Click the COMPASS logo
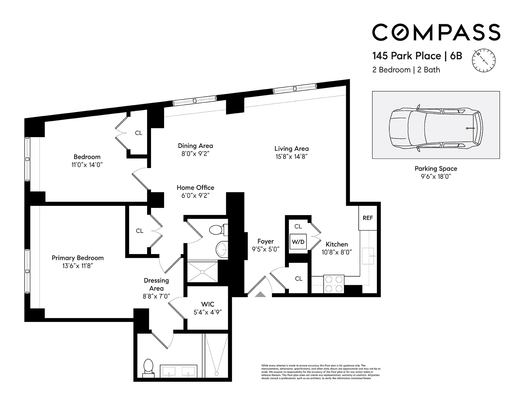click(x=436, y=32)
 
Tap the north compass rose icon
click(x=484, y=61)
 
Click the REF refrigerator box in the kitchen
click(x=368, y=218)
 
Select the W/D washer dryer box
click(x=298, y=242)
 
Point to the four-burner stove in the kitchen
click(x=334, y=284)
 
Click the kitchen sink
click(x=368, y=256)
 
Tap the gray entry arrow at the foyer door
click(x=260, y=294)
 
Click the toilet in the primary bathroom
click(x=148, y=367)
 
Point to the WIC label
click(x=208, y=304)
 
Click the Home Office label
click(x=195, y=188)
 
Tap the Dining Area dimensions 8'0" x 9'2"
click(x=195, y=154)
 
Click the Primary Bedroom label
click(x=77, y=258)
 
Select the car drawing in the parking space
click(x=436, y=128)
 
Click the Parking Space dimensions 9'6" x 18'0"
click(x=436, y=176)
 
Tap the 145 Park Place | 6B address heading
click(x=417, y=56)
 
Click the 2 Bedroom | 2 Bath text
click(x=406, y=70)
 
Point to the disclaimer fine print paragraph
click(x=321, y=372)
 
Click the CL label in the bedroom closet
click(x=139, y=133)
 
